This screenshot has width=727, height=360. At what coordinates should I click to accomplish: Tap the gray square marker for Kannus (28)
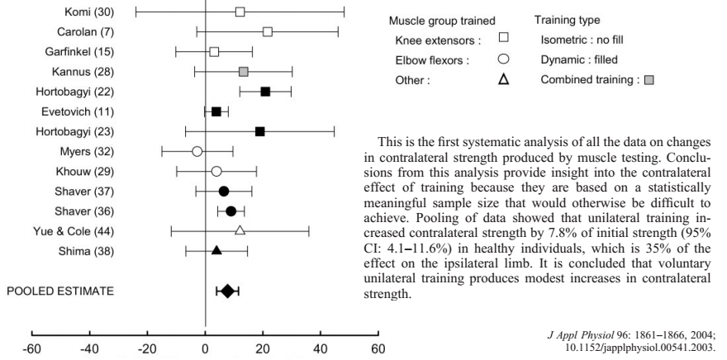[243, 72]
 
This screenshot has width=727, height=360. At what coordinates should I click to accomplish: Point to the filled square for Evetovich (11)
[216, 111]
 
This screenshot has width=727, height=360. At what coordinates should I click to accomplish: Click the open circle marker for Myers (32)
[197, 151]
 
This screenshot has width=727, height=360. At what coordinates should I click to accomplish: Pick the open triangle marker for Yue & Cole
[240, 230]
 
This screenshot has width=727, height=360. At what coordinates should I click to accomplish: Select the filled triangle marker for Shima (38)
[216, 249]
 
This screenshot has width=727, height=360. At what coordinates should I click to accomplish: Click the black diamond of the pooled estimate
[227, 291]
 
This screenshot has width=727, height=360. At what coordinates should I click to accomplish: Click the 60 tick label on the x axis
[377, 348]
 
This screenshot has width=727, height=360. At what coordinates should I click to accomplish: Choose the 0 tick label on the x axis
[205, 348]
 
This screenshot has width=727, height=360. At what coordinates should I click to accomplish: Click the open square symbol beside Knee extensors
[503, 38]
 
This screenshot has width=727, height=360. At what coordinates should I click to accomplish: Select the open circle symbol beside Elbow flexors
[503, 59]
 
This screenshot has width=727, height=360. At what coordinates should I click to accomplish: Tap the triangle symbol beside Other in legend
[503, 80]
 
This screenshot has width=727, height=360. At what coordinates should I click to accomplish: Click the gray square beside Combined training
[649, 80]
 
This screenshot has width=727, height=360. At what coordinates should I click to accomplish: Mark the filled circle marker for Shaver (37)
[224, 191]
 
